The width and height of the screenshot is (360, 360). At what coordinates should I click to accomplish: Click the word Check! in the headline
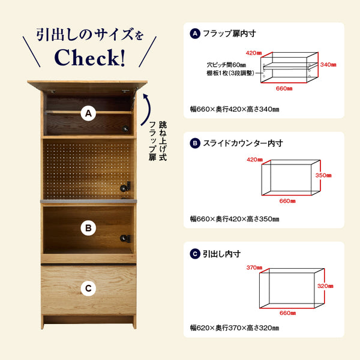(90, 58)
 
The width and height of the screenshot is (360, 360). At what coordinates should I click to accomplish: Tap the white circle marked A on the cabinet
(88, 113)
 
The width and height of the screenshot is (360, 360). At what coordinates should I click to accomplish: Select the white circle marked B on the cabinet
(88, 228)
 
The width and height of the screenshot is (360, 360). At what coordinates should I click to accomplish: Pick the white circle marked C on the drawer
(88, 288)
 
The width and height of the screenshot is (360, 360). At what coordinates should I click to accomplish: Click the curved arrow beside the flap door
(146, 110)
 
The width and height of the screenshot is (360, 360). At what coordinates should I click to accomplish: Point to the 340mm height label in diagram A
(328, 65)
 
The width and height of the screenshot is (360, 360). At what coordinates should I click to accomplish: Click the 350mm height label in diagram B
(323, 175)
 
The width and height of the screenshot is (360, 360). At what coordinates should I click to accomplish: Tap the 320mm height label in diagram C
(325, 286)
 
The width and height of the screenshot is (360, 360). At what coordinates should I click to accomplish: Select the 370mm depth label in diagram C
(254, 268)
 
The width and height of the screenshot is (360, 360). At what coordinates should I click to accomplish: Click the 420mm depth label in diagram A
(254, 53)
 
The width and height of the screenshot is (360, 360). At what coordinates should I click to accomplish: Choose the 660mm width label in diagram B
(287, 201)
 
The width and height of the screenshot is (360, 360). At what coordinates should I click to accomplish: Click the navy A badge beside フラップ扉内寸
(195, 34)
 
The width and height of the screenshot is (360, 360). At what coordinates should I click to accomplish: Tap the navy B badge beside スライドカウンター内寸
(195, 143)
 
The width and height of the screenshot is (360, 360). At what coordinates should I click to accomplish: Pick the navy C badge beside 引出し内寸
(195, 254)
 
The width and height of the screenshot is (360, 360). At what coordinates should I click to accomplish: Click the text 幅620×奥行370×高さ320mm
(235, 328)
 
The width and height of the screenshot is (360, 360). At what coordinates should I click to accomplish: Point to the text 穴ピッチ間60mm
(226, 65)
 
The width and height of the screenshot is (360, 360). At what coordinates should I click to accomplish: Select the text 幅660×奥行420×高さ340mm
(235, 109)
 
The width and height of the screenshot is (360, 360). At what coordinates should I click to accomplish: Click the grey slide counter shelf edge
(88, 202)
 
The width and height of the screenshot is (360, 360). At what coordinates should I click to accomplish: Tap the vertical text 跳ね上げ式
(163, 141)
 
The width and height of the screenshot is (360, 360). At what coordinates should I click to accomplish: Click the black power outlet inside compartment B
(125, 239)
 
